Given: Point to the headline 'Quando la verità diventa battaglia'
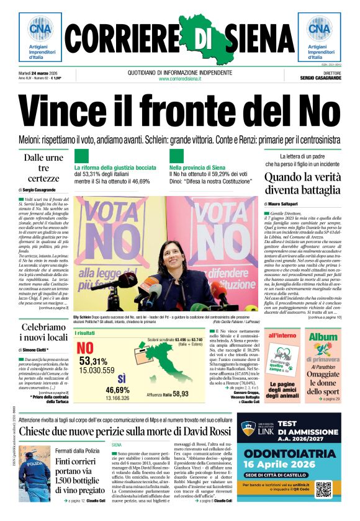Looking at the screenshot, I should pos(302,184).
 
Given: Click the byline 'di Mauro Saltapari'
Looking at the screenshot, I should pos(286,203).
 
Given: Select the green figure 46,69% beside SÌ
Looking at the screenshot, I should pos(117,390).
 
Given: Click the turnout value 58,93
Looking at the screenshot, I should pos(181,394).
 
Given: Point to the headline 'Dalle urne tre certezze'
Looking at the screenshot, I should pos(43,168).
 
